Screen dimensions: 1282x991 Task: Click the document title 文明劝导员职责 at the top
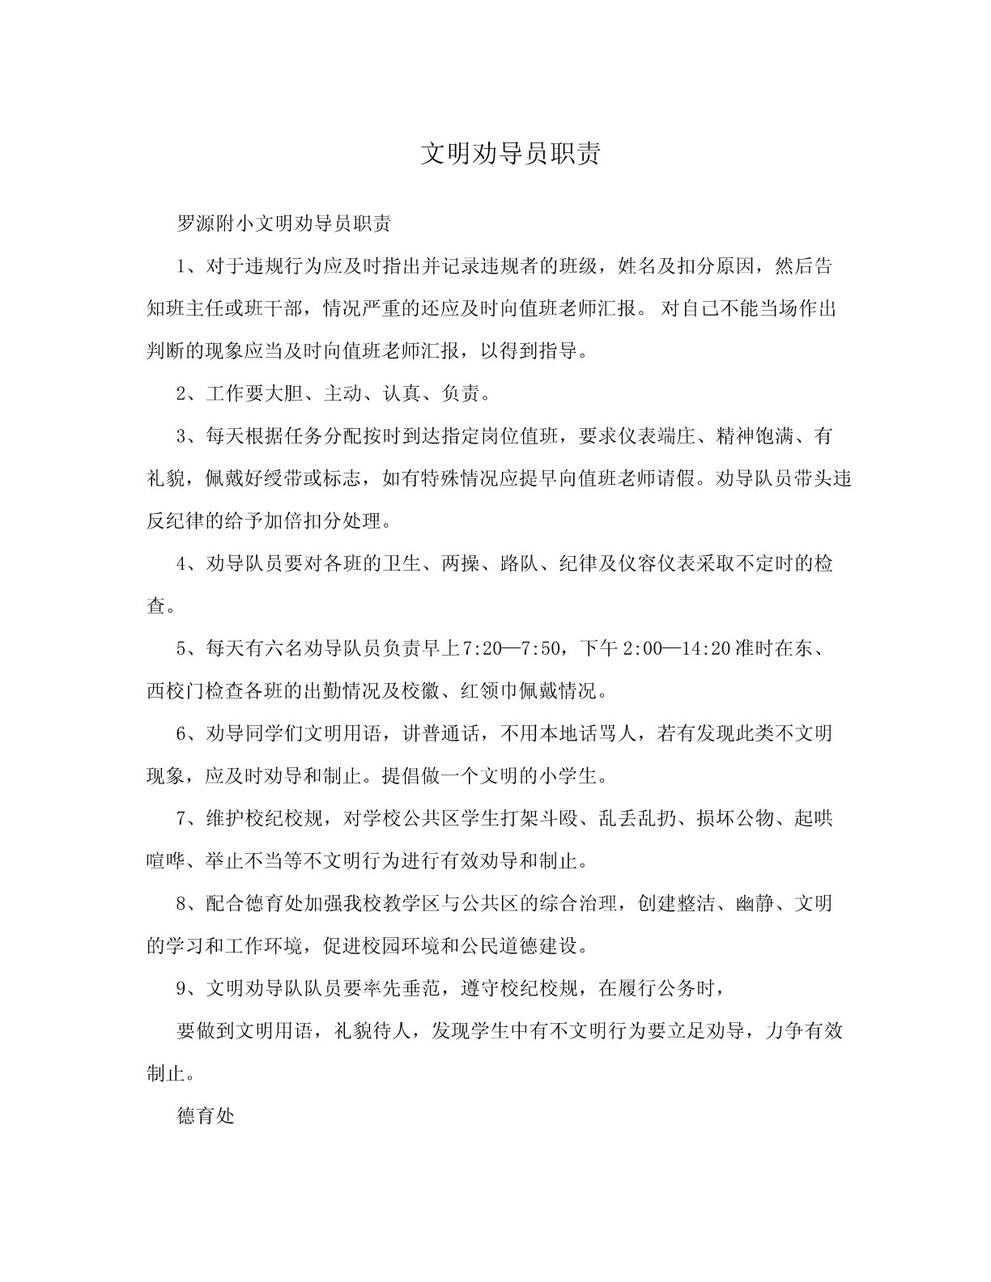[511, 154]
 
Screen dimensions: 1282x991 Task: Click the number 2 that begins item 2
[181, 394]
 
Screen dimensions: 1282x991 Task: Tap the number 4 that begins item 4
[181, 564]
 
